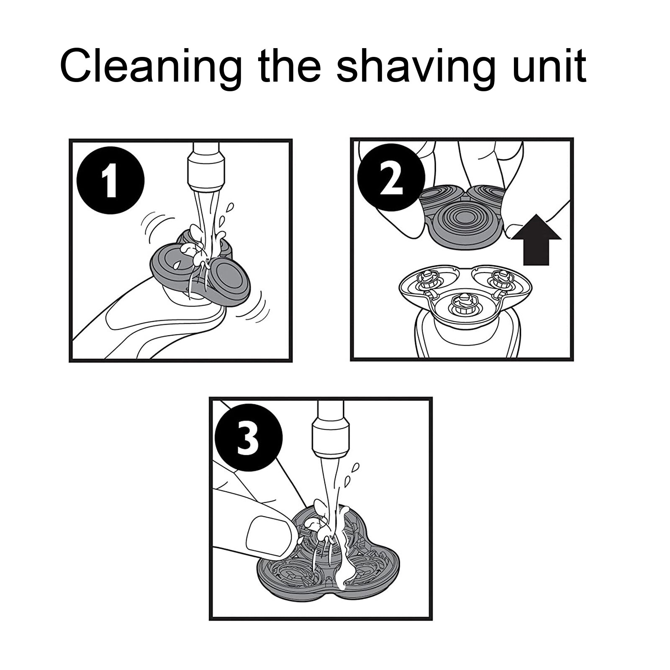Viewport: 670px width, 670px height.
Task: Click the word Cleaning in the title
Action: [151, 66]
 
